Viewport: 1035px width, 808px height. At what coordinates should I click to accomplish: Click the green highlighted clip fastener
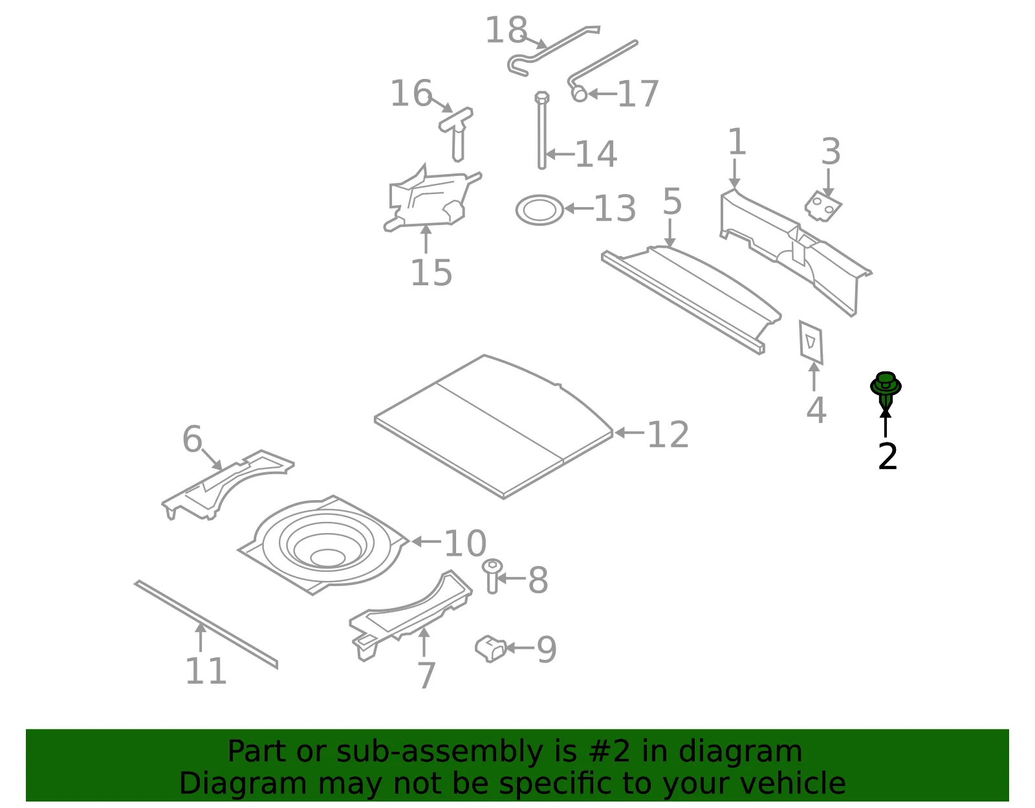tap(886, 388)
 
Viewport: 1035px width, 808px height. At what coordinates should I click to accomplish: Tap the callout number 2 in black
tap(888, 457)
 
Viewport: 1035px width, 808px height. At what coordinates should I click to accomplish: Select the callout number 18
tap(507, 30)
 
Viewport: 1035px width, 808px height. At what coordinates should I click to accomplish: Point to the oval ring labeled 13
tap(539, 210)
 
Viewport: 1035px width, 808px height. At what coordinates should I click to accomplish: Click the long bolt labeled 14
tap(541, 130)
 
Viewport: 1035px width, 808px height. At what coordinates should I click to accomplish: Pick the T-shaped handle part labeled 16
tap(457, 133)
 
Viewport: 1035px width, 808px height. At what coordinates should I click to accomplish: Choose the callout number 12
tap(668, 434)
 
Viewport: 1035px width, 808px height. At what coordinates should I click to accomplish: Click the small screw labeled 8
tap(492, 576)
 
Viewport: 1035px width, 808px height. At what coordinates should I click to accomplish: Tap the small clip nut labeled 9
tap(490, 648)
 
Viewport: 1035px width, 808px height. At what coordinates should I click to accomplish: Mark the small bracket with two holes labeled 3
tap(823, 206)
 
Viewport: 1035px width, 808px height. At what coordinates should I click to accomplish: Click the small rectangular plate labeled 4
tap(811, 342)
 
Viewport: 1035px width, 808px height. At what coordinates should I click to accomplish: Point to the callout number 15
tap(431, 273)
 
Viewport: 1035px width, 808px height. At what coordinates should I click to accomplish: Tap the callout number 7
tap(426, 675)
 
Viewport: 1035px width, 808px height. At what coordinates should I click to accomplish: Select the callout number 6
tap(192, 439)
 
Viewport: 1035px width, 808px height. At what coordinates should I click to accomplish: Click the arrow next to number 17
tap(602, 94)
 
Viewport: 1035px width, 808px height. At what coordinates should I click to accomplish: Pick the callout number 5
tap(672, 201)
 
